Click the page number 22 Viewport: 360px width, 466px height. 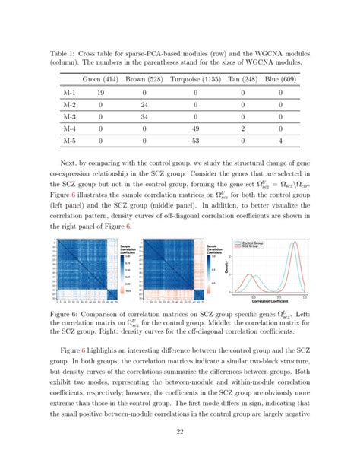point(180,430)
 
